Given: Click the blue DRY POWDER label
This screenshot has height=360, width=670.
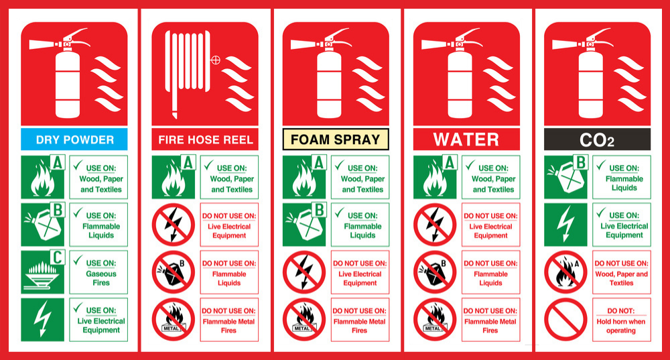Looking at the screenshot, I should click(74, 139).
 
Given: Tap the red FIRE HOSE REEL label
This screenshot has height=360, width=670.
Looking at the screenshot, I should click(205, 139).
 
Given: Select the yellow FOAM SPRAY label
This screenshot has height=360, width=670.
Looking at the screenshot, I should click(336, 139).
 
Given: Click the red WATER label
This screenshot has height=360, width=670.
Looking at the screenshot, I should click(466, 139).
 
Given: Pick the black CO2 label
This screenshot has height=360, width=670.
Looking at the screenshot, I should click(597, 139).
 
